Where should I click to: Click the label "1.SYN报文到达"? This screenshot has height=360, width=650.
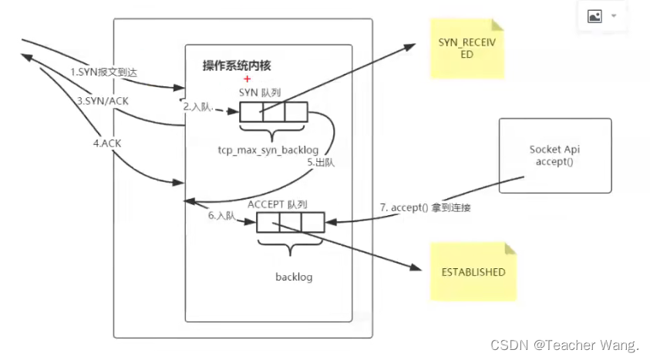[104, 72]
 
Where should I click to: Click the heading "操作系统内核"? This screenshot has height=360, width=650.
[237, 66]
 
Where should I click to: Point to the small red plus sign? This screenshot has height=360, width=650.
[248, 79]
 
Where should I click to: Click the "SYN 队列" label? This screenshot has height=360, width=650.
[260, 92]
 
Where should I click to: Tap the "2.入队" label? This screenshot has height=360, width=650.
[197, 108]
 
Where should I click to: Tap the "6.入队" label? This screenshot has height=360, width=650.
[221, 217]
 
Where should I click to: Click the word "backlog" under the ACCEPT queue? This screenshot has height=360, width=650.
[294, 276]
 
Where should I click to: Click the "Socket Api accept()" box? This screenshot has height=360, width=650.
[554, 155]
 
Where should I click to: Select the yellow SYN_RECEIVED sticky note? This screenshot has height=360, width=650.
[467, 49]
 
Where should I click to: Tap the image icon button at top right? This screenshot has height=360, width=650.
[594, 16]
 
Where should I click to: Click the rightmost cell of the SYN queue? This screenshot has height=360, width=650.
[296, 113]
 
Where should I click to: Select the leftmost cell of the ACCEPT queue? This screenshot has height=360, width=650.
[268, 222]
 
